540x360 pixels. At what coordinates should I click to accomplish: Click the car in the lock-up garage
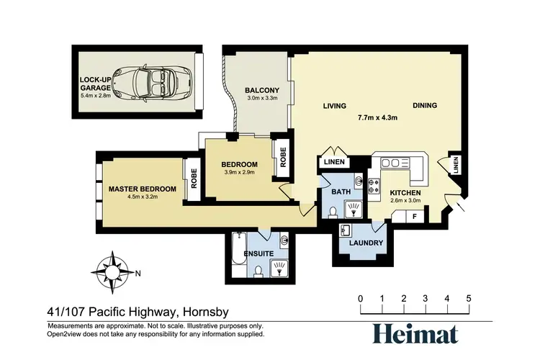[153, 83]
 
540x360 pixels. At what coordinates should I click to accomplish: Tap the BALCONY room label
[262, 90]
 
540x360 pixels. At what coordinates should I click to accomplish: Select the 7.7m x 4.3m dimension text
[377, 117]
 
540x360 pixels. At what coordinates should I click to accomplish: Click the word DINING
[425, 105]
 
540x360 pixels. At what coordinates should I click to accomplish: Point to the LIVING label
[334, 106]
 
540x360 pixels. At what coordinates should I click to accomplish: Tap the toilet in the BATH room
[333, 212]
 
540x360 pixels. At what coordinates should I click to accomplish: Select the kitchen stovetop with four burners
[374, 186]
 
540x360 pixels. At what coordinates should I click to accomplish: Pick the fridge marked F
[415, 217]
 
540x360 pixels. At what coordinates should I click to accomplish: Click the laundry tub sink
[345, 230]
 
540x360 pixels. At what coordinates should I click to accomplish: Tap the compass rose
[112, 272]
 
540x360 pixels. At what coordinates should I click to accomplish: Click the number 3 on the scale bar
[425, 298]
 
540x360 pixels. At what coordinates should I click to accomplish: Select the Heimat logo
[415, 334]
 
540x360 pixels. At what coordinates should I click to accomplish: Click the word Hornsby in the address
[206, 312]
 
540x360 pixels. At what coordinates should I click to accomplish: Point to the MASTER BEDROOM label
[143, 189]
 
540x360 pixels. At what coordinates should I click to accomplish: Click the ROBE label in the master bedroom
[194, 179]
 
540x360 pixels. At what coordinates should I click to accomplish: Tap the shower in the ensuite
[279, 269]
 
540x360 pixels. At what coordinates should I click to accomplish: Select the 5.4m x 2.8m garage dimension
[96, 96]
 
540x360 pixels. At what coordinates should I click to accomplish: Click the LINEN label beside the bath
[334, 161]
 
